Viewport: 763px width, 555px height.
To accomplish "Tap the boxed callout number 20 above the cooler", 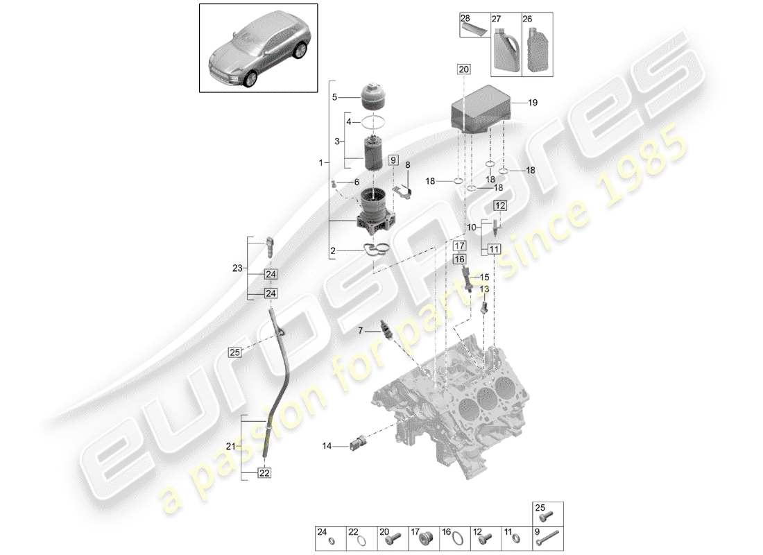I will pos(463,69).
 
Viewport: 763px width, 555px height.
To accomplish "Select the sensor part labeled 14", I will pos(360,443).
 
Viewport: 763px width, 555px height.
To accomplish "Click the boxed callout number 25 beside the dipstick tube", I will pos(235,352).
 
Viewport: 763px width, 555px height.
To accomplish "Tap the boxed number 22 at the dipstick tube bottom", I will pos(264,472).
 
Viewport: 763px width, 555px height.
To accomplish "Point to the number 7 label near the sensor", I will pos(360,330).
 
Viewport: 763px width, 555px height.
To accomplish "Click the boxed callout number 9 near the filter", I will pos(393,160).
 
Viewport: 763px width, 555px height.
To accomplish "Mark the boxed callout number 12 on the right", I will pos(500,205).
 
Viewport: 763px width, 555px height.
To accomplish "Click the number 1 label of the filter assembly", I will pos(320,163).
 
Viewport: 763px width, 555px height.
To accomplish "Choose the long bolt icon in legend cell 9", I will pos(548,537).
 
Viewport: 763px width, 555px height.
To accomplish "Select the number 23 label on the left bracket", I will pos(237,268).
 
